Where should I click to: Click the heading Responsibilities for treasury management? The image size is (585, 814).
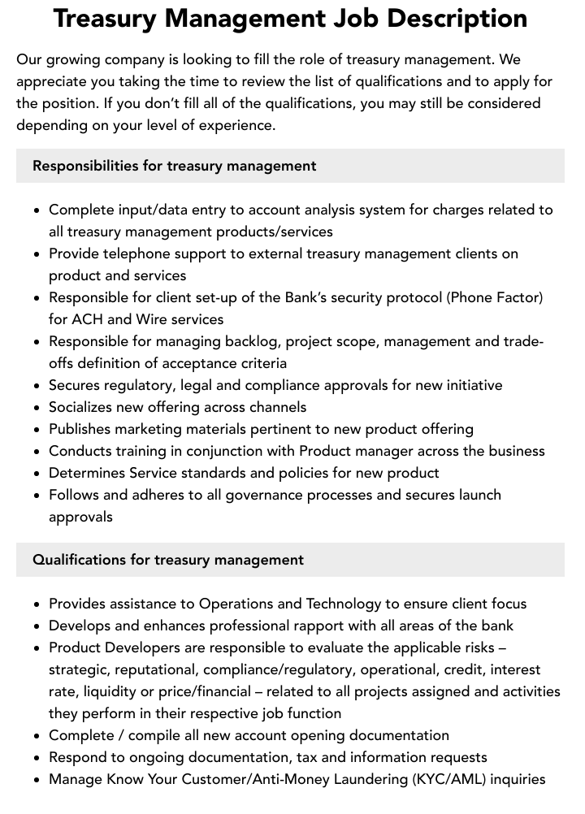(x=174, y=166)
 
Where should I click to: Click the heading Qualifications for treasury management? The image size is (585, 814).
(x=168, y=560)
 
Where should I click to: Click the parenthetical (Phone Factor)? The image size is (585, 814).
(x=494, y=297)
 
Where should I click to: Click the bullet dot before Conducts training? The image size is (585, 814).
(x=37, y=452)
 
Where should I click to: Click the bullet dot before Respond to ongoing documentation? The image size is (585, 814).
(x=37, y=758)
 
